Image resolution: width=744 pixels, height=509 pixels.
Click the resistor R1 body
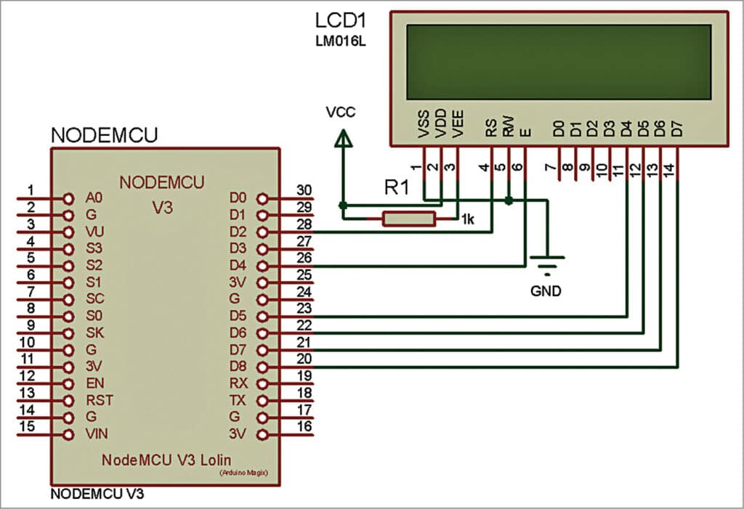pos(409,219)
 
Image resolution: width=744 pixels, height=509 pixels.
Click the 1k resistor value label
pos(466,220)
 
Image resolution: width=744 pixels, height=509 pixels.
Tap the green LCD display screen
pos(558,62)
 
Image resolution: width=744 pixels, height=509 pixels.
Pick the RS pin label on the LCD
pos(492,128)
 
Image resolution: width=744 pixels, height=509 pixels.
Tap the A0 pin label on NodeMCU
pos(94,198)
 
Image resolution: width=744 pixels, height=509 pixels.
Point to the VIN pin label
pos(96,434)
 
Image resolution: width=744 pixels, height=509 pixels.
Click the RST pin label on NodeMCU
pos(99,399)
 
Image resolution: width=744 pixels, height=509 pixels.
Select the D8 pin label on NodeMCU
pos(238,366)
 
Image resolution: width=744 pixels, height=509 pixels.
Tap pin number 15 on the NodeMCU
pos(26,427)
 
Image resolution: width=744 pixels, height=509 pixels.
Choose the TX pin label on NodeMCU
pos(238,400)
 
